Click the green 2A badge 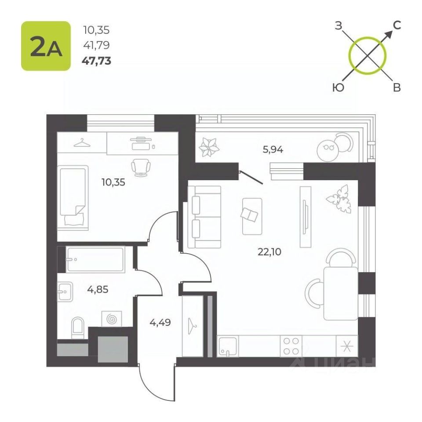(46, 46)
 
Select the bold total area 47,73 (96, 61)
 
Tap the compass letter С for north (397, 25)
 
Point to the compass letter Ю (338, 87)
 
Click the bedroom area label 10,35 (113, 182)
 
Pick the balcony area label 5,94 (273, 149)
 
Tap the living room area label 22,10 (269, 252)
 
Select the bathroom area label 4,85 (98, 290)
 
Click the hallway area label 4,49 (160, 322)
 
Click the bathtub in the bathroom (95, 259)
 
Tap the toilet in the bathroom (78, 327)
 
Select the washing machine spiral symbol (111, 319)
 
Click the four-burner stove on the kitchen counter (291, 346)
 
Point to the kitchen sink (228, 346)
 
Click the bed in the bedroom (73, 198)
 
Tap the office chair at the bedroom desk (141, 167)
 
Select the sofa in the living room (204, 217)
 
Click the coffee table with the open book (252, 216)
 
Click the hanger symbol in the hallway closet (192, 326)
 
